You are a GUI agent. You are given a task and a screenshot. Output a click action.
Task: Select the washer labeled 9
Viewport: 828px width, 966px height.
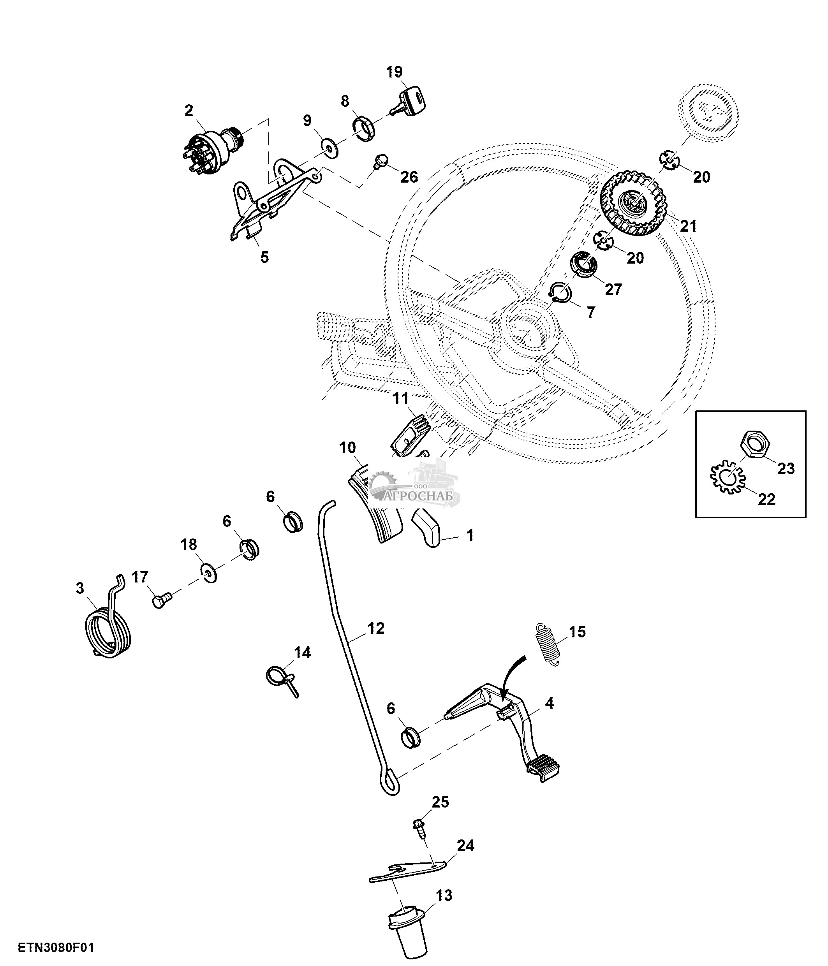(x=330, y=149)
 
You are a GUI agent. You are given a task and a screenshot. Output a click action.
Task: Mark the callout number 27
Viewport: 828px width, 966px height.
(x=613, y=289)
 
